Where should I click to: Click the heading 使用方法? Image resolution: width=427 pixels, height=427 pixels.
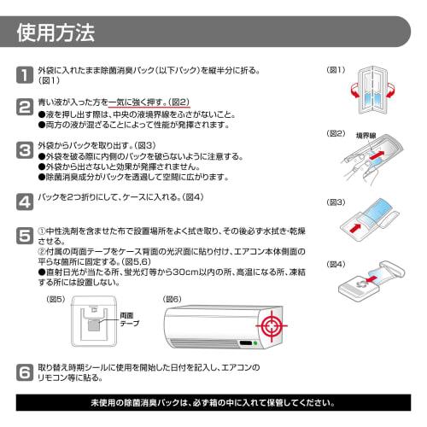point(56,33)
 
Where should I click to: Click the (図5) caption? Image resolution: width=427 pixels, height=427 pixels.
point(56,299)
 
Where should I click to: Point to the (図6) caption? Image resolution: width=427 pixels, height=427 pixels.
point(172,299)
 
